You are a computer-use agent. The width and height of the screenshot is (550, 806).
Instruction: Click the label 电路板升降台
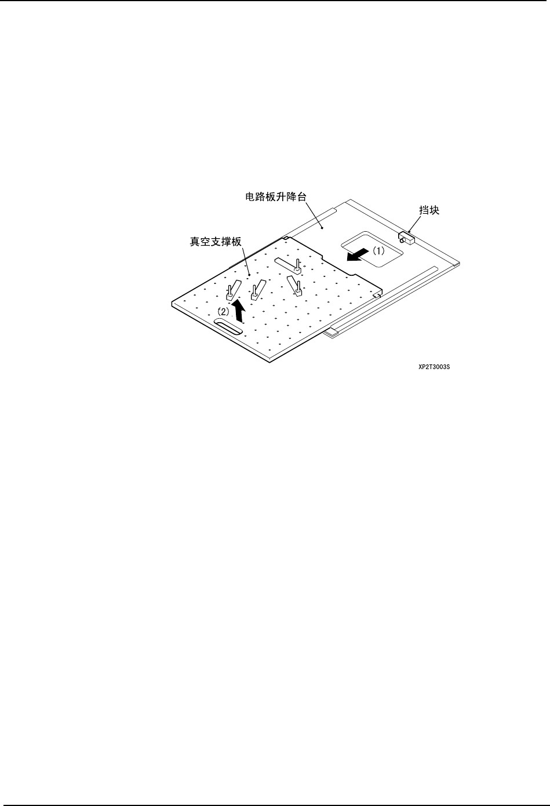273,197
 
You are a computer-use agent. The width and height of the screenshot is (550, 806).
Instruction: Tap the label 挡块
429,211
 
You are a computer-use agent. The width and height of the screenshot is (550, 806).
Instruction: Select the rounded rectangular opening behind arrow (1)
371,250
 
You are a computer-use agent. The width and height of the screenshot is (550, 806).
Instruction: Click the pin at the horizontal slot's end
298,266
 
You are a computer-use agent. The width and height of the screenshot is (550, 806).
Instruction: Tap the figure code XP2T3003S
435,367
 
